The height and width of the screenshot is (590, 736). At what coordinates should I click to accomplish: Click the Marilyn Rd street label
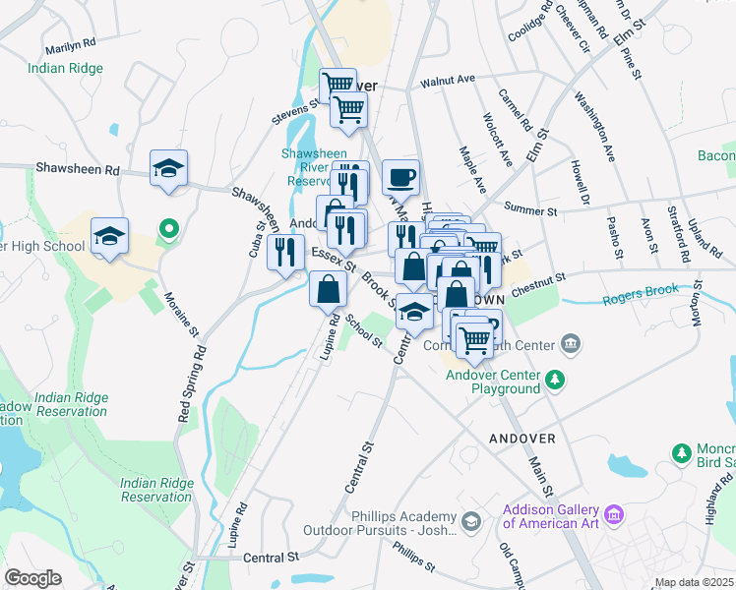point(70,45)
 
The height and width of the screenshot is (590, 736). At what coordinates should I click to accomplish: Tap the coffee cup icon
point(400,177)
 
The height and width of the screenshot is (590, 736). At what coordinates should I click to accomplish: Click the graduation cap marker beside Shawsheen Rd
point(168,167)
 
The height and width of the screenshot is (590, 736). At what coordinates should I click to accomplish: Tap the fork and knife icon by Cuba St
point(285,252)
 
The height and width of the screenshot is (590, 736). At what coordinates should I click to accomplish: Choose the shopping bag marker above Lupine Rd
point(328,289)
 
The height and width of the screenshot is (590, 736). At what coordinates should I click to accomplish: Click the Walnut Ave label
point(447,80)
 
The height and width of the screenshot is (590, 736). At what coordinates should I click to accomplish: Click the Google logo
point(32,578)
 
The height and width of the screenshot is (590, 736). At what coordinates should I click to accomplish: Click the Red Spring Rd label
point(191,384)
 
